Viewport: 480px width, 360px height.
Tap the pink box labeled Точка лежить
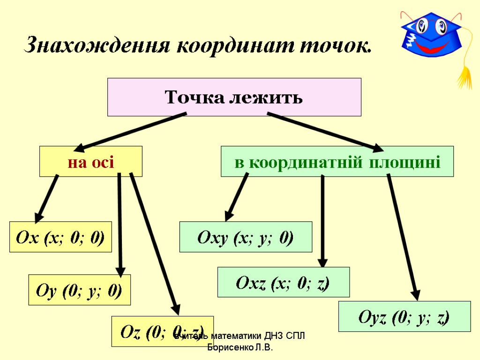tap(234, 97)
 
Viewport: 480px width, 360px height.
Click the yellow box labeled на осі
tap(90, 162)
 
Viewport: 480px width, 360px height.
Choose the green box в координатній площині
tap(337, 162)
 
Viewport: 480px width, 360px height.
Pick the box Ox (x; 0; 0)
tap(61, 237)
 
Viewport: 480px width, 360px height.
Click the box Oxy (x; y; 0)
tap(246, 237)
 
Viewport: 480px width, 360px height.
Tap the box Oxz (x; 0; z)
tap(283, 282)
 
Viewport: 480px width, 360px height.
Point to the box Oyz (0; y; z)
tap(404, 317)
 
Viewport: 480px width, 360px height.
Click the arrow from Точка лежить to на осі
tap(131, 131)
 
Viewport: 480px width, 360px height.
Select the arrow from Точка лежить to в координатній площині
tap(323, 131)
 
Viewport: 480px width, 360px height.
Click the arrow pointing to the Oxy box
tap(237, 197)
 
